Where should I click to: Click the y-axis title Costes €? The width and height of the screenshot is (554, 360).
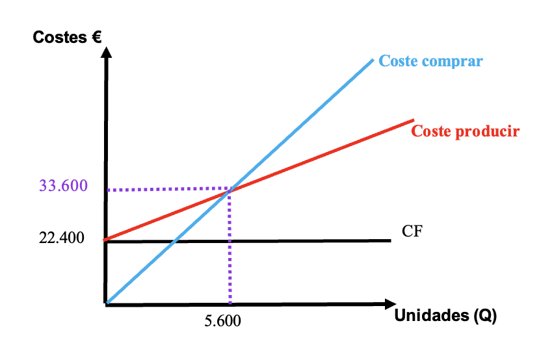pos(67,37)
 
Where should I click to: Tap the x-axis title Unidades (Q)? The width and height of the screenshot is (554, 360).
pos(445,316)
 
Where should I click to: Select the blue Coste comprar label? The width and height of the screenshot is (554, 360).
pos(430,61)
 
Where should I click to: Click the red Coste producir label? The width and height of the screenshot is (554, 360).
pos(466,131)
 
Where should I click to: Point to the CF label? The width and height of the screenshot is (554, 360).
pos(412,231)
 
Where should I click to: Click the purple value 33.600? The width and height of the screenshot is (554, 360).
pos(63,186)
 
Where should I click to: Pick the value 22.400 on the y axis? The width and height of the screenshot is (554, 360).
pos(62,238)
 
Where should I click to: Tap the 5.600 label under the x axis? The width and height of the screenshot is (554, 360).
pos(222,321)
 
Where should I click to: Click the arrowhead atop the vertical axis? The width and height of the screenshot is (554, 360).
pos(106,52)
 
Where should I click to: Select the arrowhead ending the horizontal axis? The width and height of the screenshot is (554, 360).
pos(390,304)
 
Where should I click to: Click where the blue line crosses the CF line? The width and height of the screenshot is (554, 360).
pos(174,242)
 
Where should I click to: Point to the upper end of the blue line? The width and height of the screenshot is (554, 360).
pos(373,60)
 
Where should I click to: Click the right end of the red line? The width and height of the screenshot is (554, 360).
pos(414,120)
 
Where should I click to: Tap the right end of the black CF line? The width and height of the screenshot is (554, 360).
pos(391,240)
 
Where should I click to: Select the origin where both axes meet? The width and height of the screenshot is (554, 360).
pos(105,303)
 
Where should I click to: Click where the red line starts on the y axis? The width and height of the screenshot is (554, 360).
pos(105,240)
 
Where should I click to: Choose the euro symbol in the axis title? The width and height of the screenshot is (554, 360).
pos(96,37)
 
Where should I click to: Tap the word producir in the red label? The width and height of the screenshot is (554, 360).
pos(487,132)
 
